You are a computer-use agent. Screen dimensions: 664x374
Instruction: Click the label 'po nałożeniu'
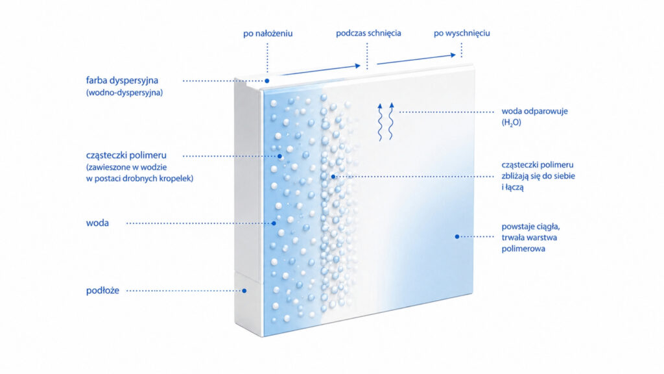pyautogui.click(x=268, y=34)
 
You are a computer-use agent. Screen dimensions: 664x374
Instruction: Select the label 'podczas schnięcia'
pyautogui.click(x=368, y=33)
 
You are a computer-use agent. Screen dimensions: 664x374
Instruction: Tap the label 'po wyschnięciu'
pyautogui.click(x=462, y=33)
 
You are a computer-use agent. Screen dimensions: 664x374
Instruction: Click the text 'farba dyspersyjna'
pyautogui.click(x=122, y=81)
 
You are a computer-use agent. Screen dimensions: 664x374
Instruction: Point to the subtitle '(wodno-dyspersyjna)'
pyautogui.click(x=124, y=92)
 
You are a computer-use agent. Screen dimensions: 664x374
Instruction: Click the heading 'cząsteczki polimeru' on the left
pyautogui.click(x=126, y=155)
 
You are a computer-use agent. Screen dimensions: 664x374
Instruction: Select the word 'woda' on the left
pyautogui.click(x=97, y=223)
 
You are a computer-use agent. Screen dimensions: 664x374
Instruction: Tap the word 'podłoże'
pyautogui.click(x=102, y=290)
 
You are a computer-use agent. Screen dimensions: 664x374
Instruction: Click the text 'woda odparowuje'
pyautogui.click(x=534, y=112)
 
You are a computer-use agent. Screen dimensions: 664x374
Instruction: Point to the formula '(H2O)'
pyautogui.click(x=511, y=123)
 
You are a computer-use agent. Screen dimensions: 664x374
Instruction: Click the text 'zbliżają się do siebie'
pyautogui.click(x=538, y=176)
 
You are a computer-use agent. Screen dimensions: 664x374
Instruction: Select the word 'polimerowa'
pyautogui.click(x=523, y=249)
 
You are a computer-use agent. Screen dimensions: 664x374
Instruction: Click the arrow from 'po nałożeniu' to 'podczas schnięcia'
pyautogui.click(x=322, y=70)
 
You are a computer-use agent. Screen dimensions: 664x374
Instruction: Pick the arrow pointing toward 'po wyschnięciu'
pyautogui.click(x=416, y=59)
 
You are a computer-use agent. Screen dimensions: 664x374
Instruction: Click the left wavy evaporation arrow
pyautogui.click(x=380, y=121)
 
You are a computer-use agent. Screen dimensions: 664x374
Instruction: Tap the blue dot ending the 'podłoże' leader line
pyautogui.click(x=244, y=291)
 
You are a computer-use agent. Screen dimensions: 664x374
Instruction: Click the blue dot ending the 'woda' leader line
pyautogui.click(x=274, y=223)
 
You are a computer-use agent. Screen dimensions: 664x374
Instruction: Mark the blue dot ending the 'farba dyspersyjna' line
pyautogui.click(x=267, y=81)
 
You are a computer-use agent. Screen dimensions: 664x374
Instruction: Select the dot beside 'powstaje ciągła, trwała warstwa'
pyautogui.click(x=457, y=236)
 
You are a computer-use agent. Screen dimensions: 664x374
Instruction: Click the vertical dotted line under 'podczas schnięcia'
pyautogui.click(x=367, y=56)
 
